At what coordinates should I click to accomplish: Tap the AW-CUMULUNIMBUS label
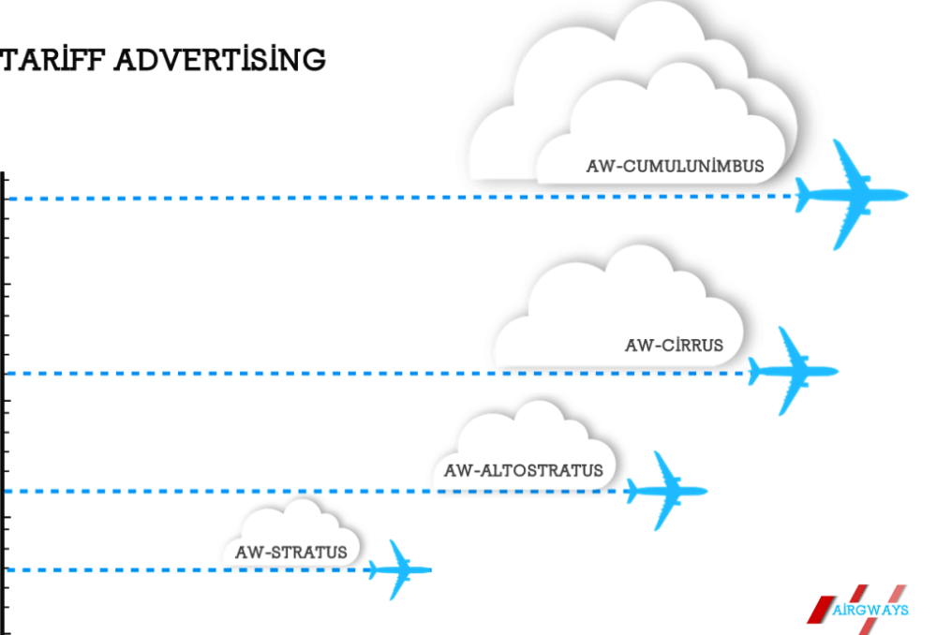(675, 167)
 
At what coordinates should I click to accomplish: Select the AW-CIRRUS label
(674, 345)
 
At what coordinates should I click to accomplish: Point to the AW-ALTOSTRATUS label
(524, 469)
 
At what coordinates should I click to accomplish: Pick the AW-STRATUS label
(290, 553)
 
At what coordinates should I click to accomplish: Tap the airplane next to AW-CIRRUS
(790, 372)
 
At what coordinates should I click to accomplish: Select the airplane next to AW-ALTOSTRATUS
(664, 490)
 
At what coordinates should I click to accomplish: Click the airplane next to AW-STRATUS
(398, 569)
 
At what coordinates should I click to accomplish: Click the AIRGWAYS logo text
(870, 611)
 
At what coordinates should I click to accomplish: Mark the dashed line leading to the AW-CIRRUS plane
(375, 374)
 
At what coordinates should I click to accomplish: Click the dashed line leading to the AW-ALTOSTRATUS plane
(319, 491)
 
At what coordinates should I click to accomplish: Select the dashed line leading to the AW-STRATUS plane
(187, 569)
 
